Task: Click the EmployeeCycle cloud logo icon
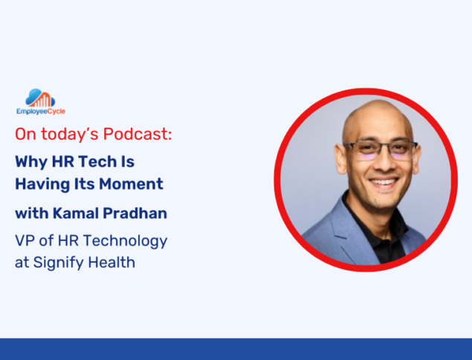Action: tap(40, 98)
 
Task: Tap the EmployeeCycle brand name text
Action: tap(41, 112)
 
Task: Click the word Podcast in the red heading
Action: tap(138, 134)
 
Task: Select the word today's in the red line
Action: tap(70, 134)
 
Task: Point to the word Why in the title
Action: tap(31, 161)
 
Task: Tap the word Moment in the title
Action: tap(132, 184)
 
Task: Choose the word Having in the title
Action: tap(42, 184)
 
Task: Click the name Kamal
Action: tap(76, 213)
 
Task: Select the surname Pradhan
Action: tap(135, 213)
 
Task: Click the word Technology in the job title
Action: tap(125, 242)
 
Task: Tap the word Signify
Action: tap(59, 263)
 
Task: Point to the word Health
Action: tap(111, 263)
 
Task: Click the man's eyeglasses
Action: tap(381, 150)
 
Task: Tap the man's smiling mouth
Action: tap(384, 182)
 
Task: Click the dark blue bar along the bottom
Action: tap(236, 349)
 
